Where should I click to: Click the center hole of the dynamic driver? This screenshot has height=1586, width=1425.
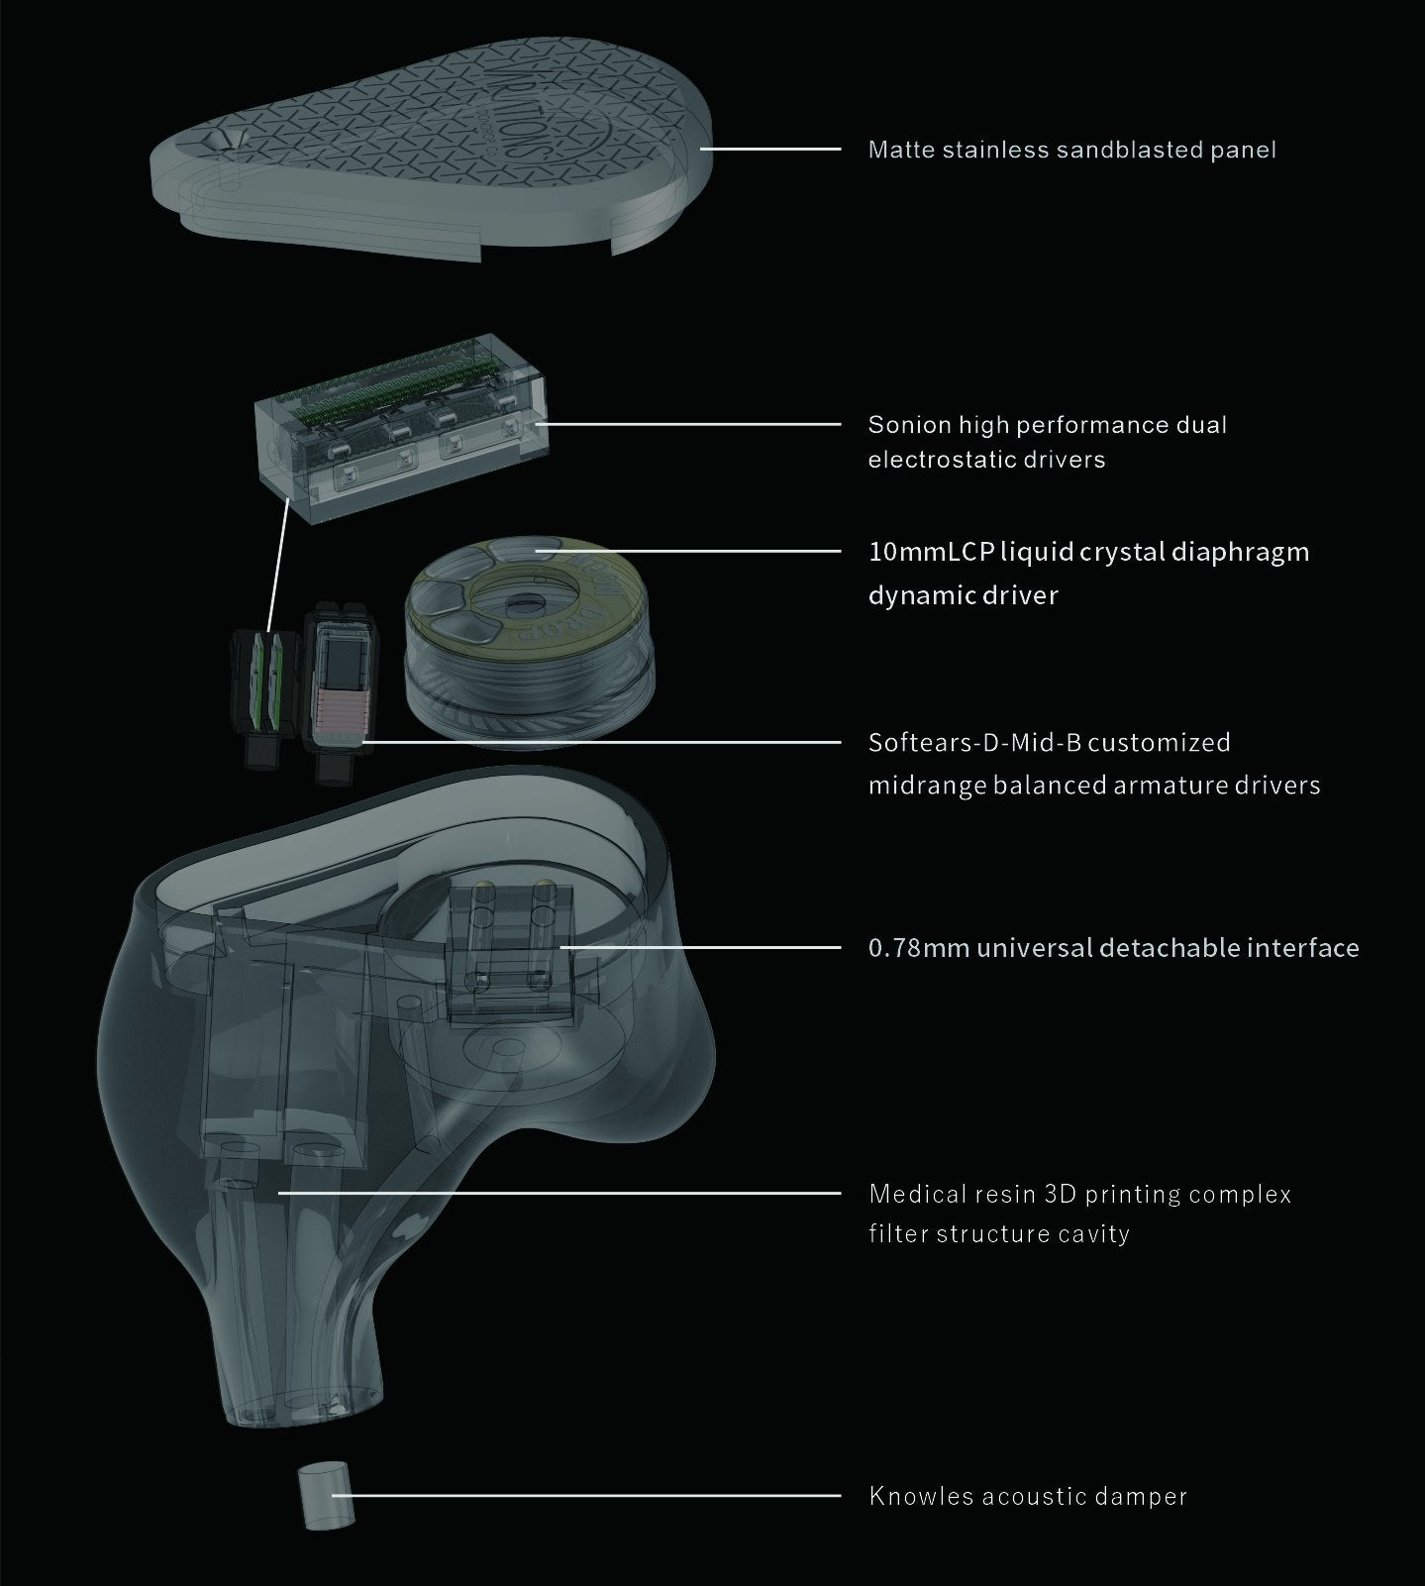point(518,603)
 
